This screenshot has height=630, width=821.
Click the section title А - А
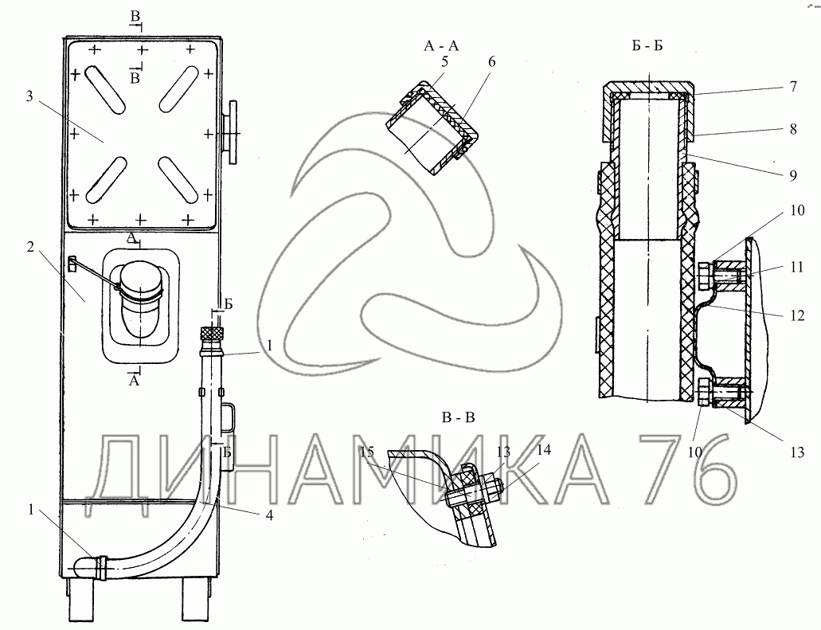point(441,46)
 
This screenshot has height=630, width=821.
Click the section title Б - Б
point(647,46)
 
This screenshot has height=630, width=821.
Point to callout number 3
point(29,96)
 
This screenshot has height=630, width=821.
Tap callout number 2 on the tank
point(30,246)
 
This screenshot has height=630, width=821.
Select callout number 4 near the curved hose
point(269,515)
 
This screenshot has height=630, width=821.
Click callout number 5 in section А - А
point(444,62)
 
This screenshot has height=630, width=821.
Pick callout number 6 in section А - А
point(491,62)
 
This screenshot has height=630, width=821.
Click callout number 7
point(793,86)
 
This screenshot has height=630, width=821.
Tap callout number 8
point(793,129)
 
